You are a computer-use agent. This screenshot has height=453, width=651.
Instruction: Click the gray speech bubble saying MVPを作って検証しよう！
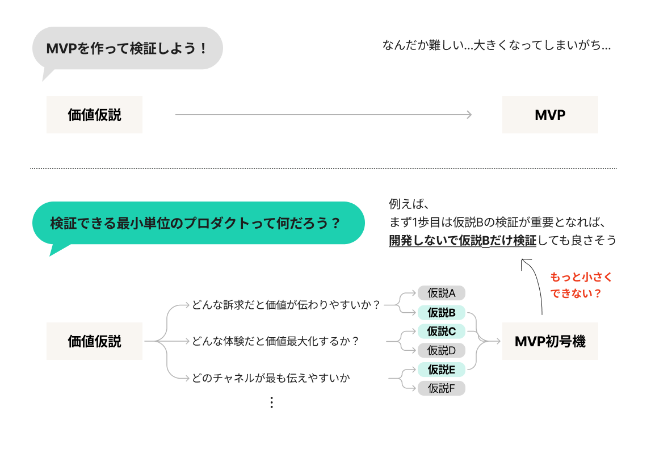pos(127,49)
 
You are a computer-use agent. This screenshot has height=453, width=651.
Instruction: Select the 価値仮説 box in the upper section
pos(94,115)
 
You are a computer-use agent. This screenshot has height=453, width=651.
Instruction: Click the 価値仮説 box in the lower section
pos(94,341)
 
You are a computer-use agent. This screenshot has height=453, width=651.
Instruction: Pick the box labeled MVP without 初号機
pos(550,115)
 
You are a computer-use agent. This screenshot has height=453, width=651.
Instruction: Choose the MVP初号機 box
pos(550,341)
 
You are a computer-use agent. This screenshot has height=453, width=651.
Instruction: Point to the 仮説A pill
pos(442,293)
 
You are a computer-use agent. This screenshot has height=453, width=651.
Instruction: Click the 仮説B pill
pos(442,312)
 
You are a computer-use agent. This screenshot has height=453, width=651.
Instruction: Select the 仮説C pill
pos(442,331)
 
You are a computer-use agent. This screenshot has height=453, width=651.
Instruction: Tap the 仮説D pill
pos(442,350)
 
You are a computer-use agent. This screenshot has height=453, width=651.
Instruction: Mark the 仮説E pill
pos(442,370)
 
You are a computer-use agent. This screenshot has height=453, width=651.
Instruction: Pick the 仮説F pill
pos(442,389)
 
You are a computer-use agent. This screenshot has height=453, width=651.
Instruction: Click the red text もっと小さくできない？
pos(581,286)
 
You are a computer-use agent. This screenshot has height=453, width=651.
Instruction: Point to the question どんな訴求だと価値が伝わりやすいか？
pos(286,305)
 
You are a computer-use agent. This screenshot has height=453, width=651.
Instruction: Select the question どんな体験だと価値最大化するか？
pos(276,341)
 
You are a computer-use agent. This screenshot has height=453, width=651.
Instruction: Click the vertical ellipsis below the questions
pos(271,402)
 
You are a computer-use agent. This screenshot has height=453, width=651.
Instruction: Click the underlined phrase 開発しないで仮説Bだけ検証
pos(463,241)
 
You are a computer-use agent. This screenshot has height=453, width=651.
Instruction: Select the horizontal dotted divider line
pos(324,168)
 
